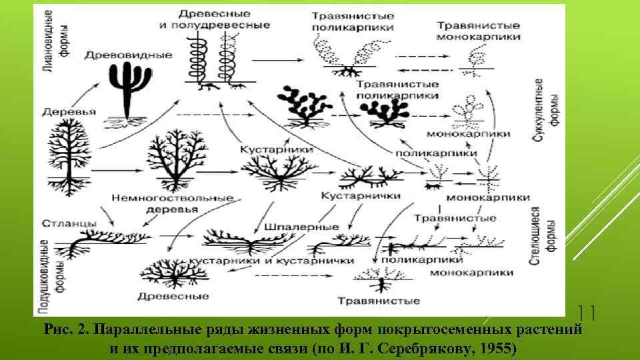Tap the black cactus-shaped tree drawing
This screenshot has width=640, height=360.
point(125,93)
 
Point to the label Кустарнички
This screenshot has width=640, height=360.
point(361,196)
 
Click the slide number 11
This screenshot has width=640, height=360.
point(586,311)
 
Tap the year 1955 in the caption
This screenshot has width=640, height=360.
point(489,347)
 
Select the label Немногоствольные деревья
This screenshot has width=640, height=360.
point(172,203)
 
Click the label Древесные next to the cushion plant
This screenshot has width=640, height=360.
point(167,295)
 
